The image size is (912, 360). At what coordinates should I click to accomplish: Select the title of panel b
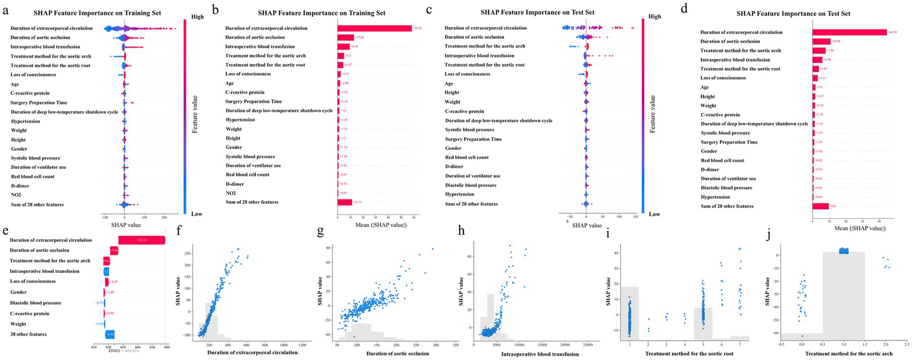321,13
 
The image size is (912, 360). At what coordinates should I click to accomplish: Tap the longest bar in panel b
374,28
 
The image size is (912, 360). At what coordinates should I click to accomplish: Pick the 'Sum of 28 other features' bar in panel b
344,202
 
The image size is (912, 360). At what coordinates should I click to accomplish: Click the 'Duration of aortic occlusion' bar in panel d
821,42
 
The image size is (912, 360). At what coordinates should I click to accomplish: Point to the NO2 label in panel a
16,195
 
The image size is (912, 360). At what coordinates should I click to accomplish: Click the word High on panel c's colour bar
654,16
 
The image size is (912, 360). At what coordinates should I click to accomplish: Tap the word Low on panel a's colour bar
197,214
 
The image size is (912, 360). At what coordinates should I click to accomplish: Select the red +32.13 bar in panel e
142,240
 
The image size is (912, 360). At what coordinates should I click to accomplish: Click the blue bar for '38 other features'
109,334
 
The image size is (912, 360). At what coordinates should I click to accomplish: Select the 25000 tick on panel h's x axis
588,345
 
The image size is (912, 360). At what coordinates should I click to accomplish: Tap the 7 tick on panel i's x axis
740,345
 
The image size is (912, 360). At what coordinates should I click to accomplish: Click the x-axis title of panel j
849,354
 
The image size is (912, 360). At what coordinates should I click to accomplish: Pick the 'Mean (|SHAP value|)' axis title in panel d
860,228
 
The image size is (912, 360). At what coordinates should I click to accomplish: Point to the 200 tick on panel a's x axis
164,217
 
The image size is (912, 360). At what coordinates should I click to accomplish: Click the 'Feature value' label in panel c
652,114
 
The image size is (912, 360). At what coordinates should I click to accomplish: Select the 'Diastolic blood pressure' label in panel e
36,303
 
